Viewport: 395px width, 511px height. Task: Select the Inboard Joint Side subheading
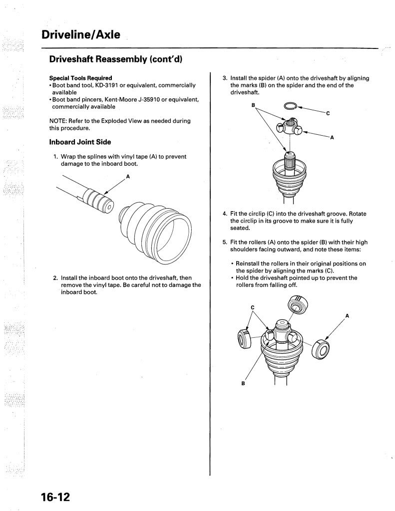pos(80,142)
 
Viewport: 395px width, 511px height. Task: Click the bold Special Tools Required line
pos(80,78)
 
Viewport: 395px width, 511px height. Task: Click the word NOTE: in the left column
pos(60,121)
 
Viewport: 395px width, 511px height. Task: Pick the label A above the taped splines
pos(128,176)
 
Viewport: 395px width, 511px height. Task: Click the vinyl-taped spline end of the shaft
pos(98,199)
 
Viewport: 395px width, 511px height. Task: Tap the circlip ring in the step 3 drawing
pos(290,106)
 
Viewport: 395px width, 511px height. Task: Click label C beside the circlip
pos(328,113)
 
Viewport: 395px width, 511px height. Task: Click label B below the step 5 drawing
pos(243,383)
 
